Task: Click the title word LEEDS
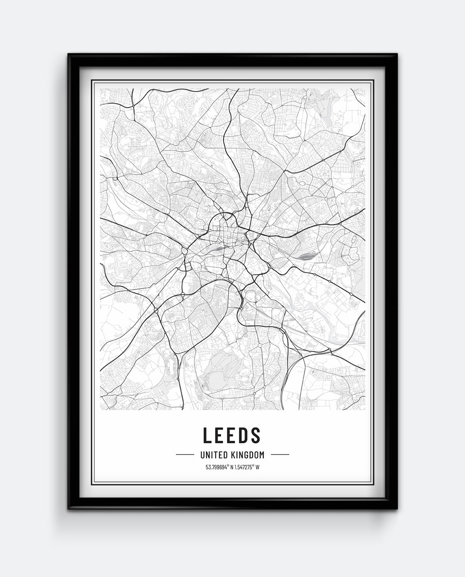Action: pyautogui.click(x=232, y=435)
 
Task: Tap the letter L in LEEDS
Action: pyautogui.click(x=207, y=435)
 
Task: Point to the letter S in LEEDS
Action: pyautogui.click(x=256, y=435)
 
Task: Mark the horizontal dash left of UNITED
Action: pyautogui.click(x=185, y=455)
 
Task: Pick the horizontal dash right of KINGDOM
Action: pyautogui.click(x=280, y=455)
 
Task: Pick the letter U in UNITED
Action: pyautogui.click(x=196, y=455)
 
